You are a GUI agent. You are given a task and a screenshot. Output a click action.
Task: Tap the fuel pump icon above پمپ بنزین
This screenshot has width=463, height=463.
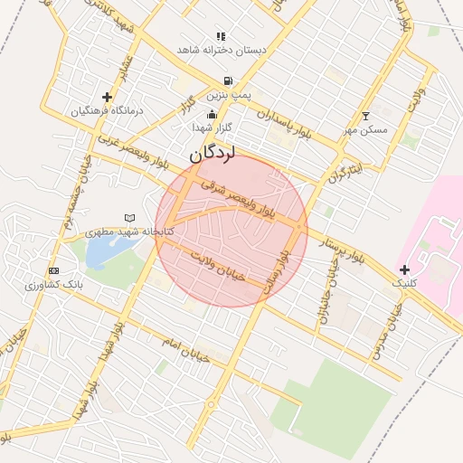pos(227,80)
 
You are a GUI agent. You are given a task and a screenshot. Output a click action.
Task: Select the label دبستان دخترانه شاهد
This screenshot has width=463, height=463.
pos(222,50)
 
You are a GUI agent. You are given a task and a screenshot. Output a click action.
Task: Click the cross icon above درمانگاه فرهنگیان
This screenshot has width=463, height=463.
pos(108,96)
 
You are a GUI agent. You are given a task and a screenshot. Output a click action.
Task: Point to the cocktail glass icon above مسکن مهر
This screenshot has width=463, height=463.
pos(365,116)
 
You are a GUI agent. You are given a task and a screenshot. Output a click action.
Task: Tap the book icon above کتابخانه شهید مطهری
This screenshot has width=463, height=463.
pos(129,218)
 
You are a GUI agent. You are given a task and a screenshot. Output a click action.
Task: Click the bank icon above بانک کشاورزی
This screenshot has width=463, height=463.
pos(54,270)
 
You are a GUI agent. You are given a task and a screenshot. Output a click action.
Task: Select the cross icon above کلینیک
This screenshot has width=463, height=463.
pos(404,269)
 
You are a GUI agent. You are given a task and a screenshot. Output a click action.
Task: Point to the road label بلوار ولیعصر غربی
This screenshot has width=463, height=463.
pos(130,151)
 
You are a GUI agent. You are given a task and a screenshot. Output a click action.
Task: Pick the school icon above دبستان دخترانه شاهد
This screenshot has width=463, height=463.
pos(220,37)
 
